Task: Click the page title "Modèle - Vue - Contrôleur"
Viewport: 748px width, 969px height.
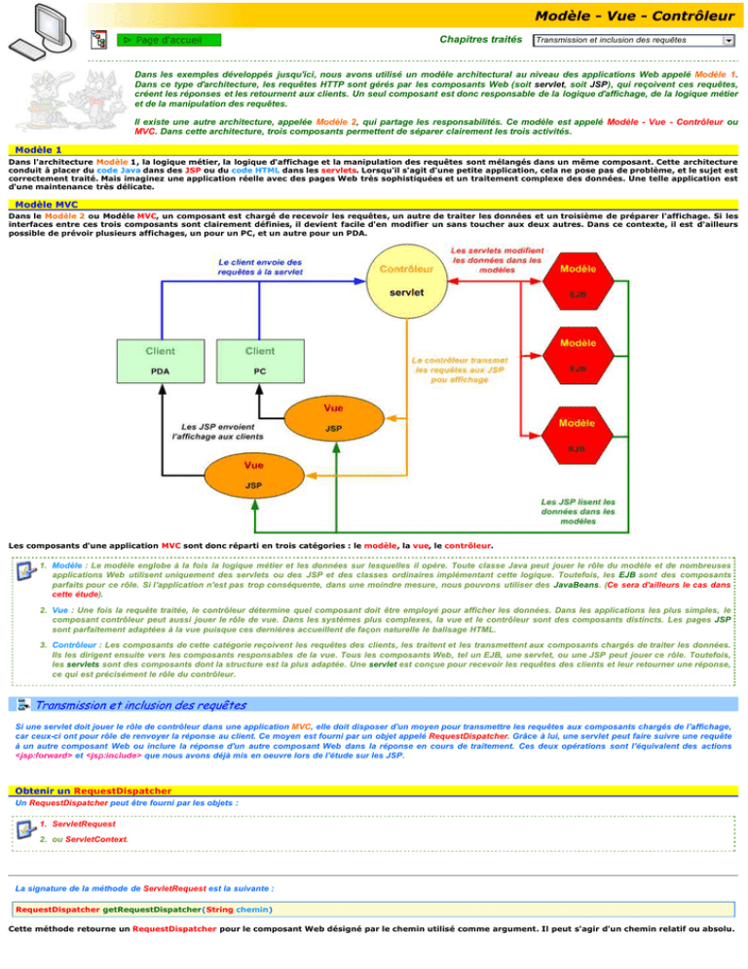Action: pos(634,14)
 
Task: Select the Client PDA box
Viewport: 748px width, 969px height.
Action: pos(161,360)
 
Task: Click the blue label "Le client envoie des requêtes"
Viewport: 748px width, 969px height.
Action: pos(259,267)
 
